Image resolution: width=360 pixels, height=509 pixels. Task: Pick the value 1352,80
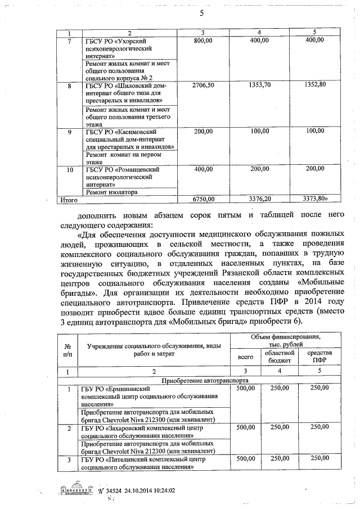coord(314,85)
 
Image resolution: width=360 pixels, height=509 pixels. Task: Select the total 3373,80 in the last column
coord(314,199)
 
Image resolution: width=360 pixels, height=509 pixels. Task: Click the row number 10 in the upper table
coord(70,169)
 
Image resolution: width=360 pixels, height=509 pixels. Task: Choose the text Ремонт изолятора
coord(111,192)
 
